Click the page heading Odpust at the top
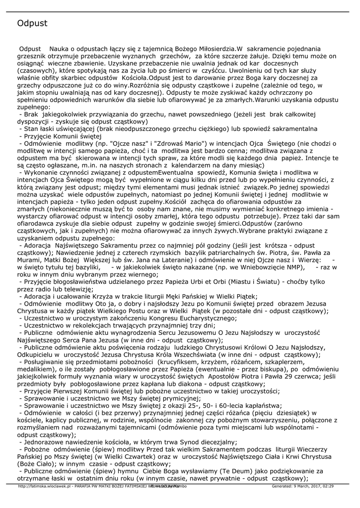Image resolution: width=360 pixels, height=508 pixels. pyautogui.click(x=32, y=23)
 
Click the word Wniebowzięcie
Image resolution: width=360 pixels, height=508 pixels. pyautogui.click(x=268, y=267)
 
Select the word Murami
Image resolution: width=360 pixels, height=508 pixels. pyautogui.click(x=29, y=259)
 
